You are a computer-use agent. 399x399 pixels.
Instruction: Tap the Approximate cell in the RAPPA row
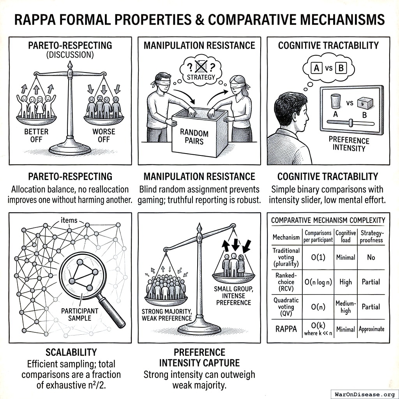point(371,329)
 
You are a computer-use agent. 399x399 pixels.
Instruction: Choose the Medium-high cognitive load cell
point(345,307)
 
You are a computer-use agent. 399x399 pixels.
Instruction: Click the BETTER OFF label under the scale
point(36,135)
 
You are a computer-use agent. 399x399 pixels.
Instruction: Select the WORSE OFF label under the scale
point(104,135)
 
